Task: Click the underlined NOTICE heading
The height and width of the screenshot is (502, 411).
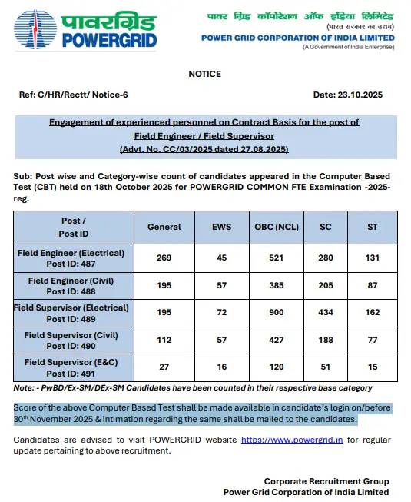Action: tap(204, 74)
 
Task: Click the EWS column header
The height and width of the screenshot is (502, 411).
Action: tap(221, 227)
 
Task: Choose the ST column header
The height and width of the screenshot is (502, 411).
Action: tap(373, 227)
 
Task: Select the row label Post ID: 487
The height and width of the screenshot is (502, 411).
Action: tap(70, 264)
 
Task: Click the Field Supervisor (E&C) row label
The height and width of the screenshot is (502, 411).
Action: tap(70, 361)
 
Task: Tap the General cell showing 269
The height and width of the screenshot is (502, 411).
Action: tap(164, 258)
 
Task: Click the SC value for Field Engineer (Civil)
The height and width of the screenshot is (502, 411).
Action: tap(326, 286)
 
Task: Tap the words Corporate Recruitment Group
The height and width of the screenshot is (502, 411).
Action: tap(326, 481)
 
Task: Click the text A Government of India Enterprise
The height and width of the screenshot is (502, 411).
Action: tap(348, 48)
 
